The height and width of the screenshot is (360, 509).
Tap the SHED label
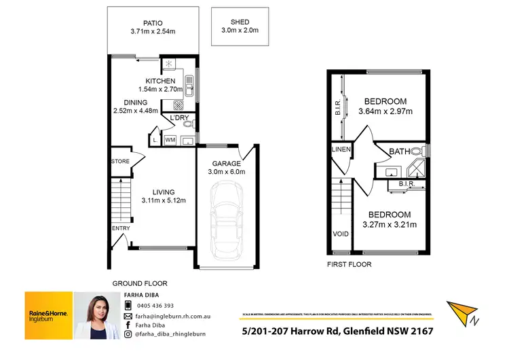pos(240,22)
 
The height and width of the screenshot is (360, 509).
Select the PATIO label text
pos(153,22)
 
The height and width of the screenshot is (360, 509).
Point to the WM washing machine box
pos(170,140)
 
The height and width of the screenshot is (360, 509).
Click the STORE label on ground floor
pos(121,162)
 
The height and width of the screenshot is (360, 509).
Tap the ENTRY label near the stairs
pos(120,228)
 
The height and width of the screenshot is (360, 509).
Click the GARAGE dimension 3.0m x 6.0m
pos(226,172)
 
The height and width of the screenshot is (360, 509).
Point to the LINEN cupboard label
pos(341,150)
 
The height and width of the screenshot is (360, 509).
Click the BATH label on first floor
pos(399,151)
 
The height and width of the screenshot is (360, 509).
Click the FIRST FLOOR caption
pos(349,264)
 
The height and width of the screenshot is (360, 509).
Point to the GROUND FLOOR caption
pos(140,283)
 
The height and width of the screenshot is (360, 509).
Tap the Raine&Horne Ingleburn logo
pos(48,316)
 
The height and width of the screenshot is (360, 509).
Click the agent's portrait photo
pos(95,316)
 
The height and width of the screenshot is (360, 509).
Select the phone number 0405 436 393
pos(154,306)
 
